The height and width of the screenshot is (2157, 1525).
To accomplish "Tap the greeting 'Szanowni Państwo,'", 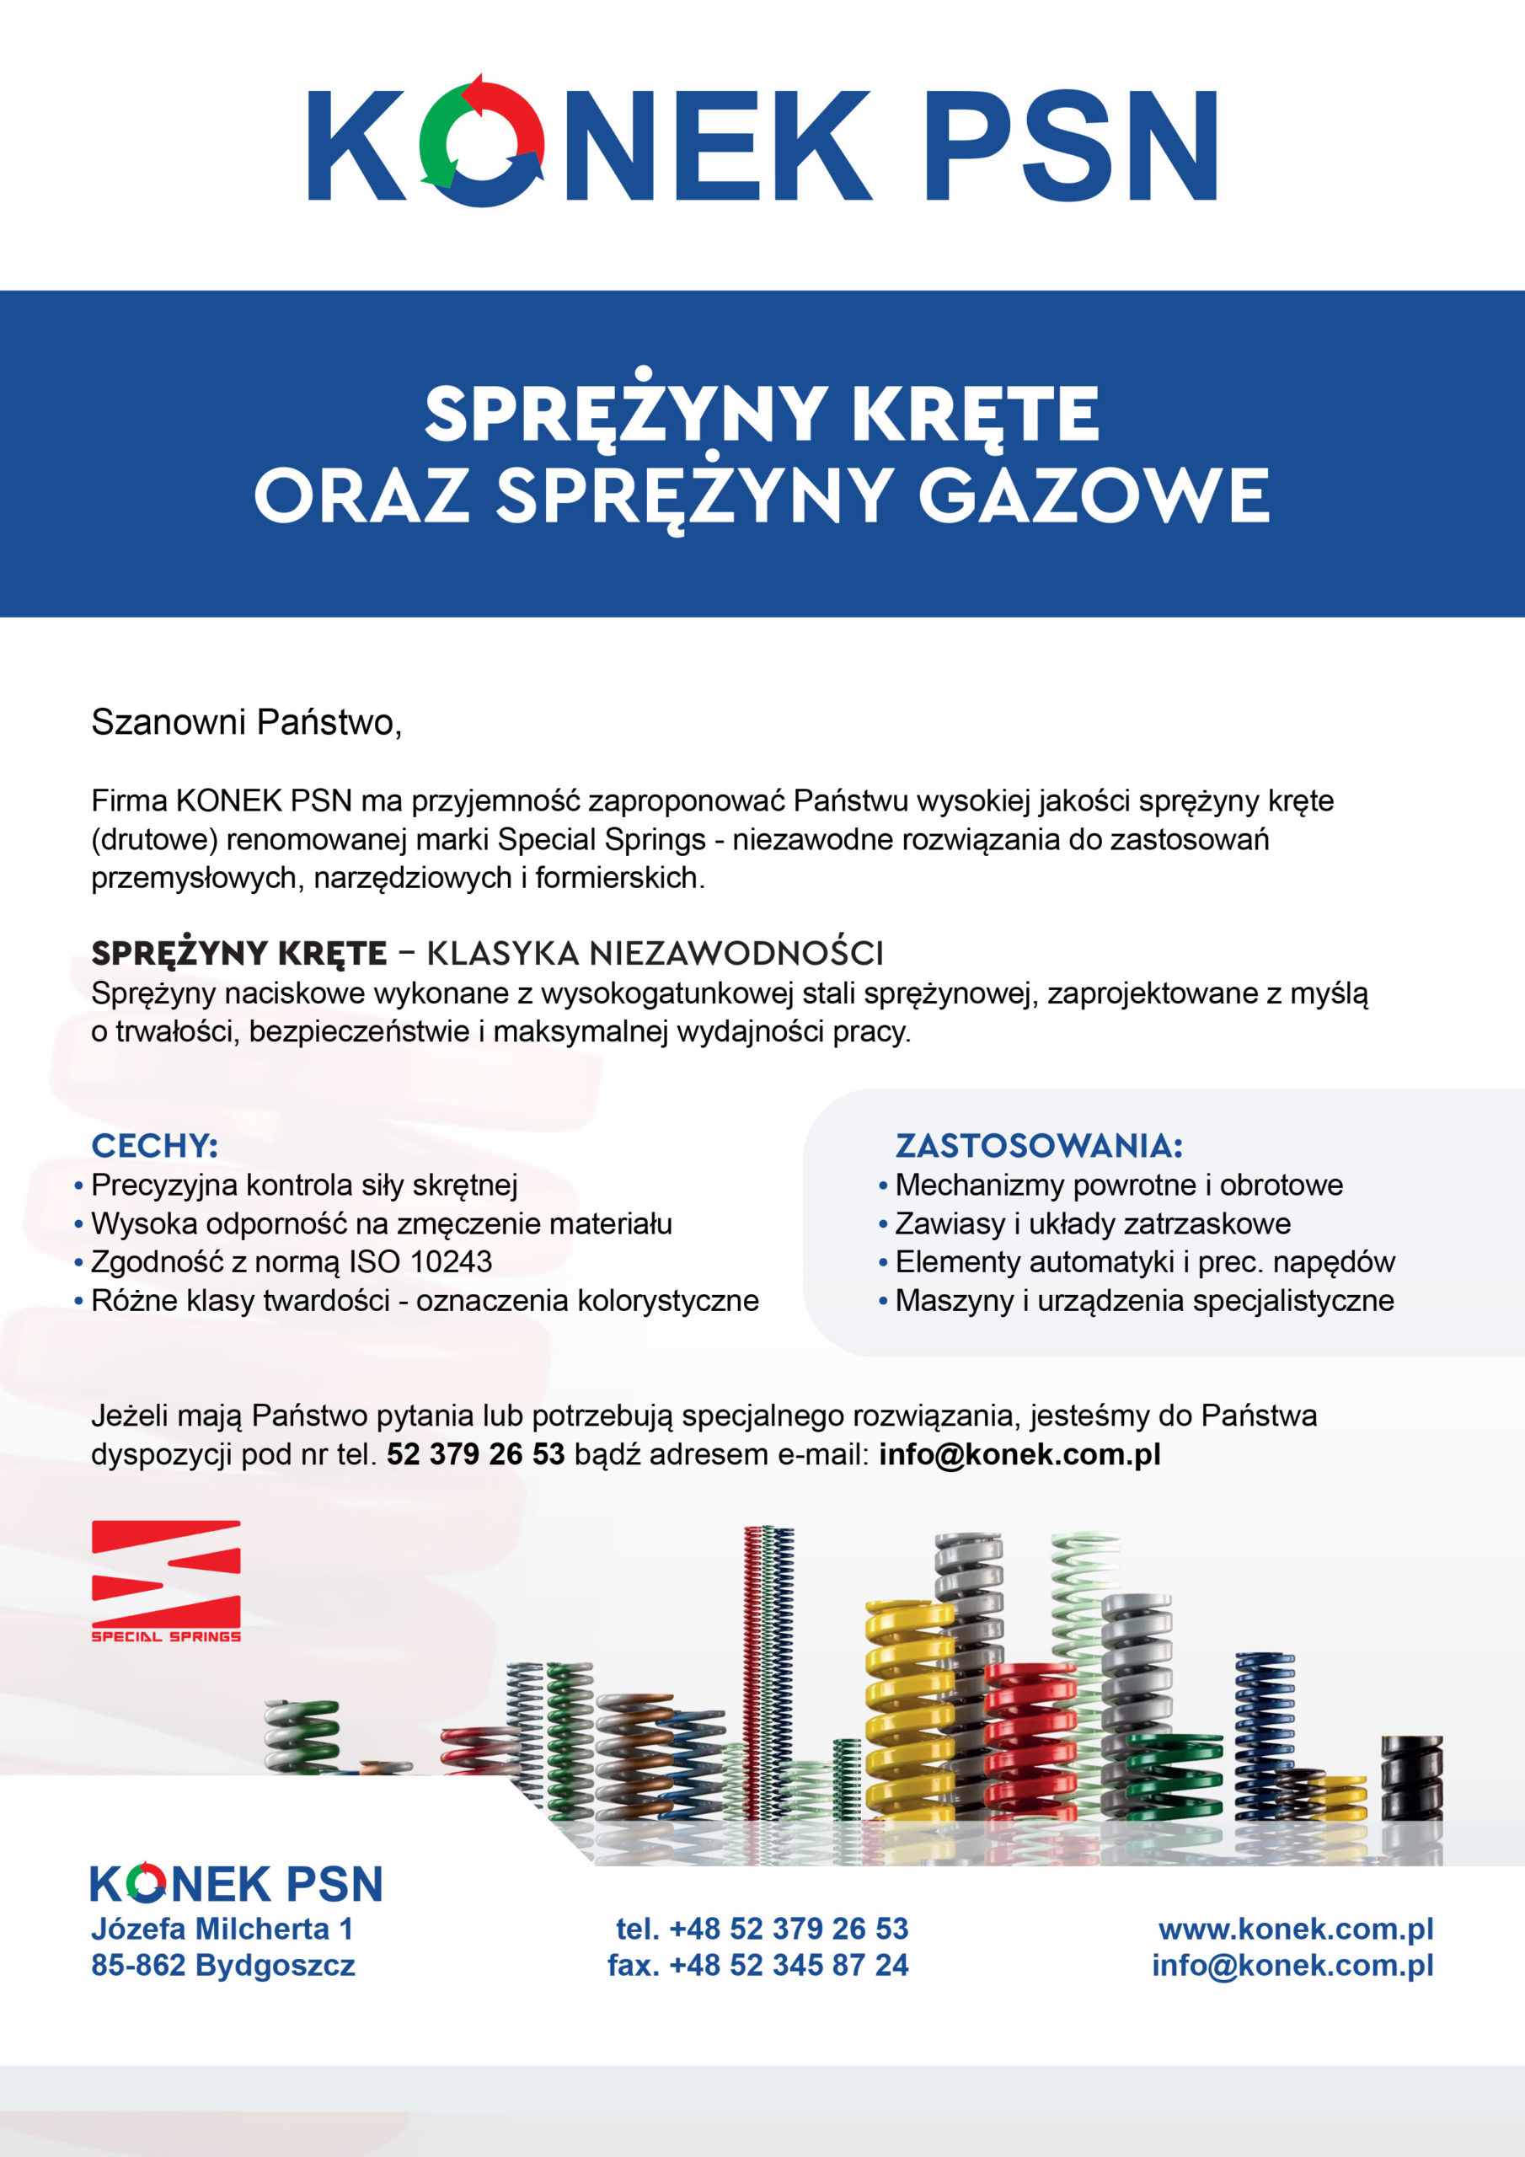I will click(x=246, y=721).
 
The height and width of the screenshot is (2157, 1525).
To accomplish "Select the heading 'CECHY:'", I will click(x=154, y=1146).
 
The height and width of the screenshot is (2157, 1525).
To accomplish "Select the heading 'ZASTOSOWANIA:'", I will click(x=1038, y=1146).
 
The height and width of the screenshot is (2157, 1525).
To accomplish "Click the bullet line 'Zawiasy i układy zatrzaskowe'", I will click(x=1092, y=1223).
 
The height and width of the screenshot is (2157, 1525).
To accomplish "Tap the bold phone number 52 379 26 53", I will click(x=475, y=1454).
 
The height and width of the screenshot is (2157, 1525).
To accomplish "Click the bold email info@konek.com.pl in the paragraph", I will click(x=1019, y=1454).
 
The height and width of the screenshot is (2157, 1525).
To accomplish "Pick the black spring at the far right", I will click(x=1411, y=1776).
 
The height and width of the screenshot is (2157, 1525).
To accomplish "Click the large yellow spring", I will click(x=908, y=1710).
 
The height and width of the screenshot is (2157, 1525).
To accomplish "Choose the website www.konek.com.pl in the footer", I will click(x=1296, y=1929).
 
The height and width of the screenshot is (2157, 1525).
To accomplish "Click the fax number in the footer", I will click(x=757, y=1966).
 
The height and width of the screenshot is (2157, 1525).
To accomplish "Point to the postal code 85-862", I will click(x=138, y=1966).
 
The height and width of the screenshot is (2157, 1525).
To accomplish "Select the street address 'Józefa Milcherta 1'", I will click(x=222, y=1929).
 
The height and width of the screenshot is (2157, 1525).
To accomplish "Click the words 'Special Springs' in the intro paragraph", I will click(x=602, y=839).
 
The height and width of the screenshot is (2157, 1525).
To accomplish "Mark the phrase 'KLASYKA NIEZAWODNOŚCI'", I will click(x=655, y=954).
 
